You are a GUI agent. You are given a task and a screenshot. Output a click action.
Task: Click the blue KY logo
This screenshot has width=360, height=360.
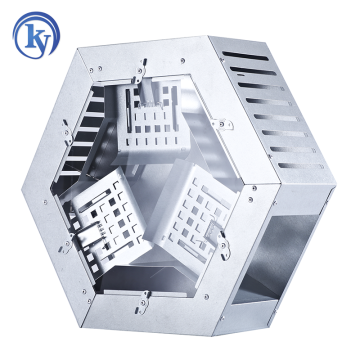pos(36,35)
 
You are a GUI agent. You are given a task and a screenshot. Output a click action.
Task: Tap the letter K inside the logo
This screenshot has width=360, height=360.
pos(31,37)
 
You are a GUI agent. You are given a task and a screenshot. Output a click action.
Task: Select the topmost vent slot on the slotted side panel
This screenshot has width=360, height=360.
pos(245,56)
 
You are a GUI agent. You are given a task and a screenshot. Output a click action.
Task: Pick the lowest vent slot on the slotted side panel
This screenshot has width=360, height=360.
pos(300,165)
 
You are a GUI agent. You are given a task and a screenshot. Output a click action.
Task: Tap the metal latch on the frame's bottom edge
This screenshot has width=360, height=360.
pos(143,302)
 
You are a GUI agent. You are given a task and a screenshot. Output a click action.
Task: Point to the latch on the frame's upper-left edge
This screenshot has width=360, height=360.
pos(67,132)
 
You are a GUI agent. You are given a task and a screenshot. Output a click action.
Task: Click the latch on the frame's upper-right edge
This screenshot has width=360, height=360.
pos(222,124)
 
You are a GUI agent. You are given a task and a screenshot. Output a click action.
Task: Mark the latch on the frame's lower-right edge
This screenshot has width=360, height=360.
pos(222,241)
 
